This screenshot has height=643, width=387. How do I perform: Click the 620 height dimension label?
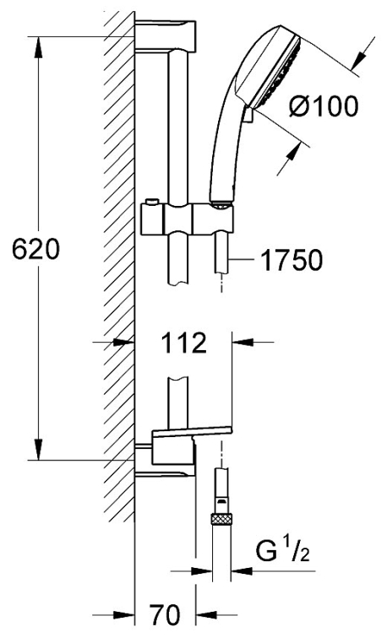35,249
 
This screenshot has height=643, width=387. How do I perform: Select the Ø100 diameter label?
324,106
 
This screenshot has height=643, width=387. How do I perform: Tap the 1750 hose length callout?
292,260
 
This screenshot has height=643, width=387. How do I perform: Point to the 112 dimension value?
183,343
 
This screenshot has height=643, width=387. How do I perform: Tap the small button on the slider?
151,202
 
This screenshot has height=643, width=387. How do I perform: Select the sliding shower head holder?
187,219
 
